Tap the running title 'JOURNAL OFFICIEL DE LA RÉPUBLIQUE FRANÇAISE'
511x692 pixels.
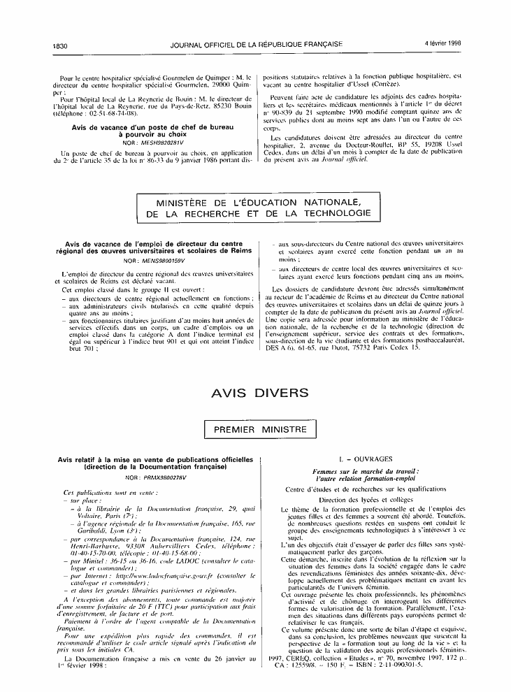256,44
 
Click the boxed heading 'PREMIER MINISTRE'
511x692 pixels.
255,431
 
